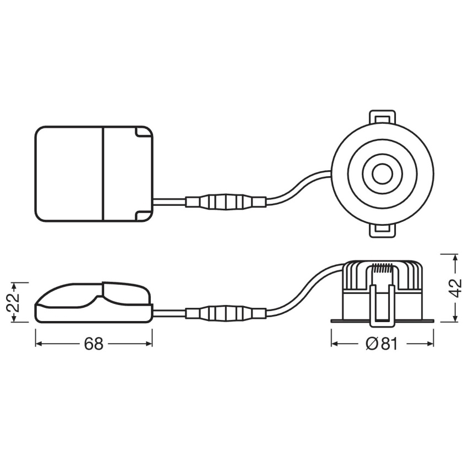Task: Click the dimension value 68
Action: [94, 344]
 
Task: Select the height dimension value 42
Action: [455, 288]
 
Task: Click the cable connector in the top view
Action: [226, 202]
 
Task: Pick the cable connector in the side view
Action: [226, 313]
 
